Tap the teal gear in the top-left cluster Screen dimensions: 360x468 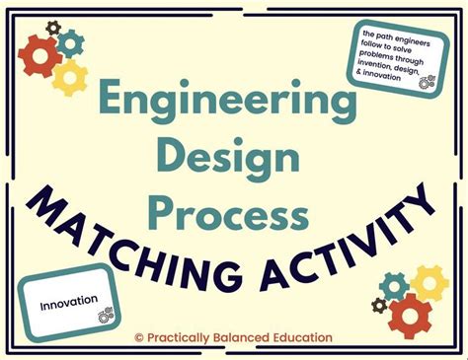click(x=71, y=43)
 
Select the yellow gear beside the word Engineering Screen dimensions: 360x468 click(x=71, y=76)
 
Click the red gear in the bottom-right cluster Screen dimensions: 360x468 click(x=410, y=315)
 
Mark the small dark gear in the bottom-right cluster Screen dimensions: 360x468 click(x=379, y=306)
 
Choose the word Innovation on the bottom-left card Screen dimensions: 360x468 click(x=69, y=299)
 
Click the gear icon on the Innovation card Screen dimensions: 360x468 click(x=104, y=315)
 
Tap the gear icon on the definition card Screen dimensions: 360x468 click(x=426, y=84)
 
